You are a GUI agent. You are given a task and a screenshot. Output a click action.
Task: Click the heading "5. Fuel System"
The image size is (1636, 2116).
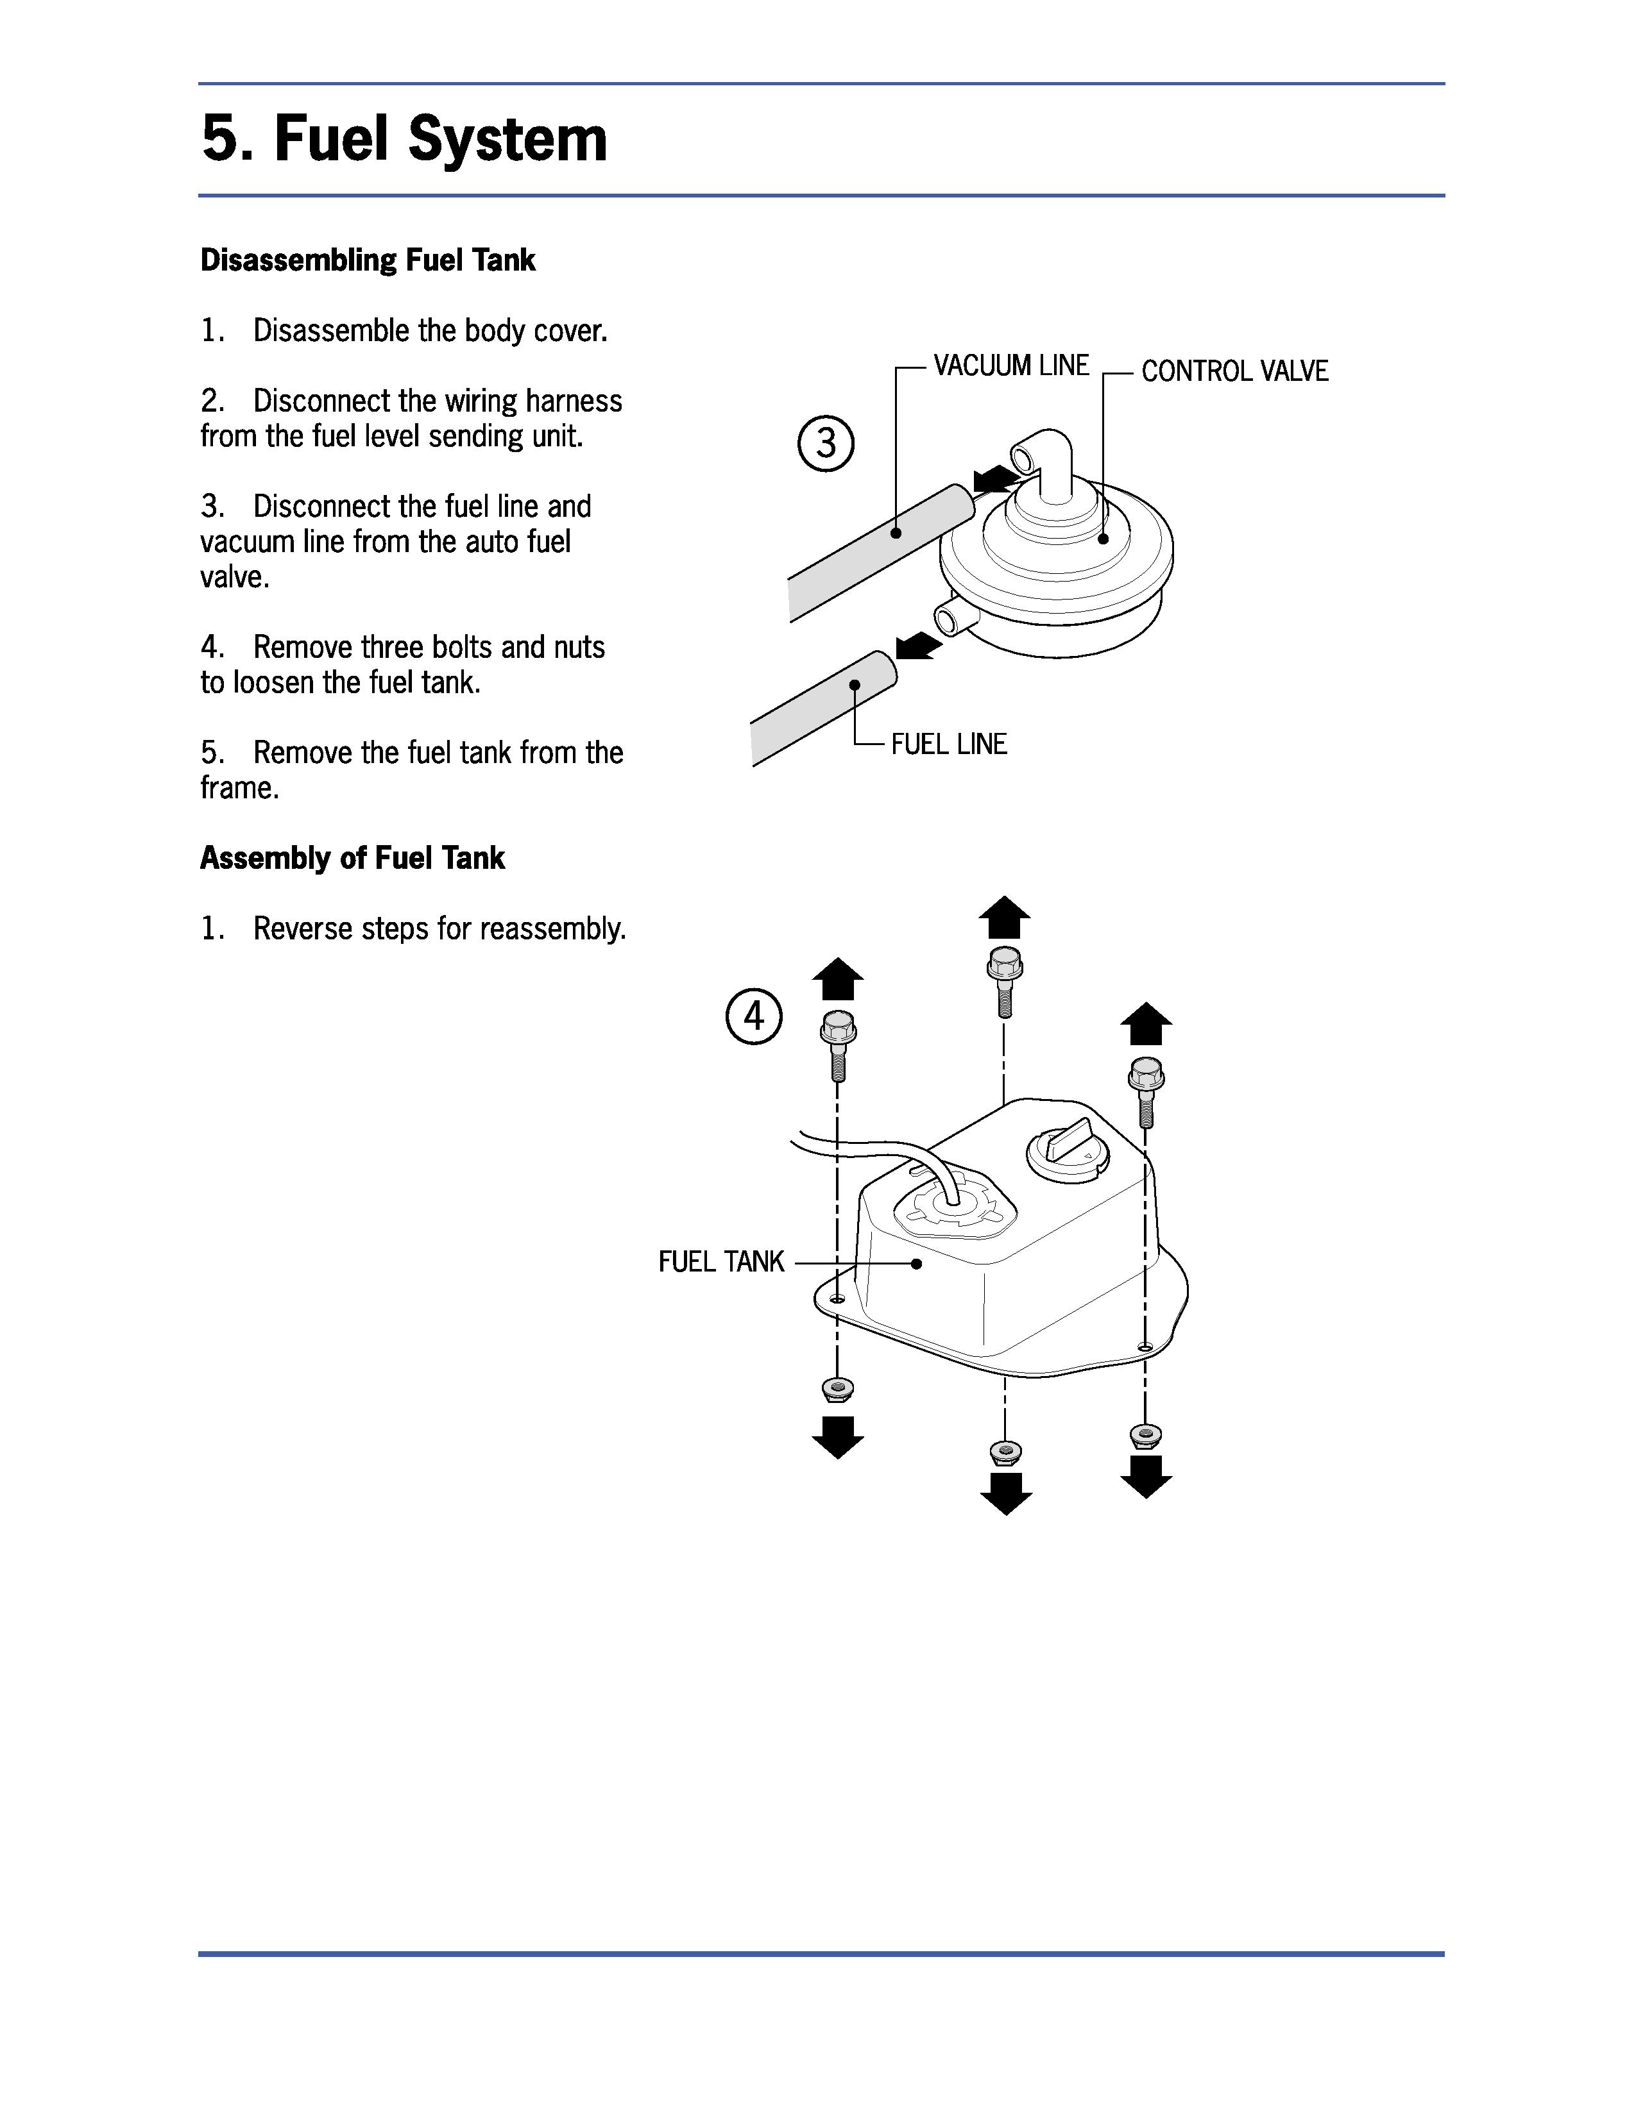(404, 139)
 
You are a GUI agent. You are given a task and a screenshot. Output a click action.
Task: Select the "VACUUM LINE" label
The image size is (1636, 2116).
(1011, 365)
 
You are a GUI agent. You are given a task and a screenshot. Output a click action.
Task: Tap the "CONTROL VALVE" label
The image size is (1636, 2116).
(1235, 371)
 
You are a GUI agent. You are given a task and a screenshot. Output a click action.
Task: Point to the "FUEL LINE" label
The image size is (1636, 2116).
(949, 744)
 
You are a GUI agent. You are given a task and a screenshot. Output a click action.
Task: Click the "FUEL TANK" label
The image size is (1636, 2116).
(721, 1261)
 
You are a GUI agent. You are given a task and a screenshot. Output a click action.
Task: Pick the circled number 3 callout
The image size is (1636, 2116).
(826, 444)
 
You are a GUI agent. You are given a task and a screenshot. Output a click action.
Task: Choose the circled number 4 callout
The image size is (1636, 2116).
(754, 1016)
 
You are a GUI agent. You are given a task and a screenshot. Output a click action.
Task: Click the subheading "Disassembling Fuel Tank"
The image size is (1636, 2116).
(368, 260)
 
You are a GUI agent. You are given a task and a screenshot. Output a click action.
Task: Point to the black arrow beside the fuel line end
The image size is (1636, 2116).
(917, 645)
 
